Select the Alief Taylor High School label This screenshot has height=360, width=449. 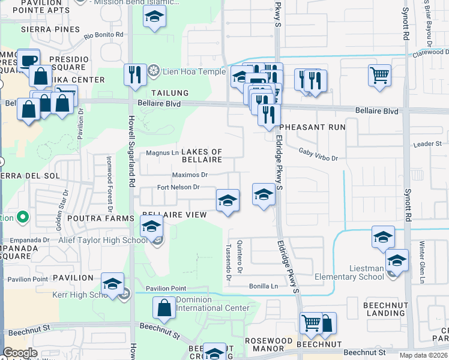pyautogui.click(x=103, y=241)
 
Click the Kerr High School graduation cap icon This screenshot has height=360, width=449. pyautogui.click(x=112, y=284)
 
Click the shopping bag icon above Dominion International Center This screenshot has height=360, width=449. pyautogui.click(x=164, y=308)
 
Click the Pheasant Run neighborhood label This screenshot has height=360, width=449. pyautogui.click(x=312, y=127)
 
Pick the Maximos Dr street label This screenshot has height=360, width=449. pyautogui.click(x=190, y=175)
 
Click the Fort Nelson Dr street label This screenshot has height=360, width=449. pyautogui.click(x=178, y=187)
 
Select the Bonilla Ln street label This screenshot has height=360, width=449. pyautogui.click(x=264, y=287)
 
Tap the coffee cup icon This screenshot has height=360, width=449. pyautogui.click(x=28, y=60)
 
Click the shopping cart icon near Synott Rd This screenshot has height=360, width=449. pyautogui.click(x=379, y=76)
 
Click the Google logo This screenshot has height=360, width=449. pyautogui.click(x=20, y=353)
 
